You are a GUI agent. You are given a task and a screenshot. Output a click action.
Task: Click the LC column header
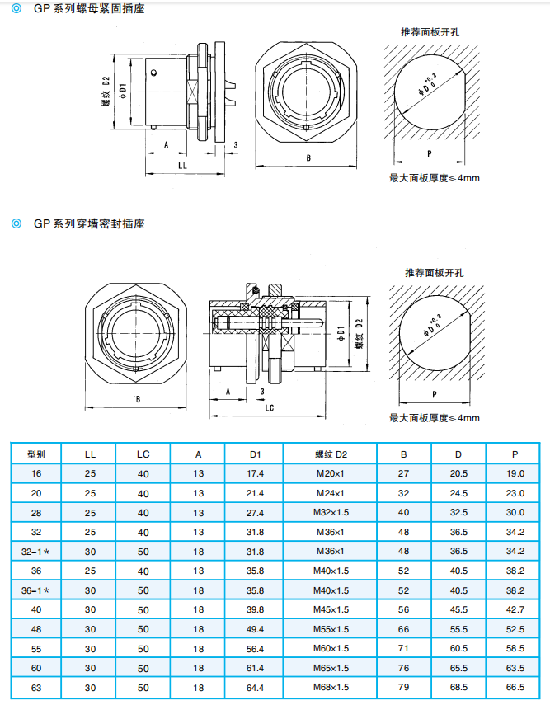click(x=143, y=454)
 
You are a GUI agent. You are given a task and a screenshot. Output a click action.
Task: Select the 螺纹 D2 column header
click(x=331, y=454)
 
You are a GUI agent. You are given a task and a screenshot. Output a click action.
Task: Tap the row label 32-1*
click(x=35, y=552)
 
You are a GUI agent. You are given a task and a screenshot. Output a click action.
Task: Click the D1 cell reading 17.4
click(x=255, y=473)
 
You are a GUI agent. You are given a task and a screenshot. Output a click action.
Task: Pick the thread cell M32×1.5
click(x=331, y=512)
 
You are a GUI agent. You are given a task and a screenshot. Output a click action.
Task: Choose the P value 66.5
click(x=515, y=687)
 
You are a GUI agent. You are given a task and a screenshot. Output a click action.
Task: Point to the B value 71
click(x=403, y=648)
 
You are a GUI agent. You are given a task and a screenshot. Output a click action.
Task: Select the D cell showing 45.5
click(x=458, y=609)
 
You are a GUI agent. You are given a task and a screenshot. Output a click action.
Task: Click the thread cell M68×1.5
click(x=331, y=687)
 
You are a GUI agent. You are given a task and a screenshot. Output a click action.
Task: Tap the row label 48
click(x=36, y=629)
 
